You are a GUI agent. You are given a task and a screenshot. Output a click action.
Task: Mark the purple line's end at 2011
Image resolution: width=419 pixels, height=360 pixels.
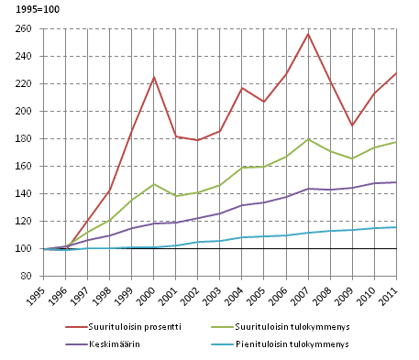click(x=396, y=182)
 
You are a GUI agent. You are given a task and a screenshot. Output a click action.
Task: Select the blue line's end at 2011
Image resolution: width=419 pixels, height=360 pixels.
click(x=396, y=227)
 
